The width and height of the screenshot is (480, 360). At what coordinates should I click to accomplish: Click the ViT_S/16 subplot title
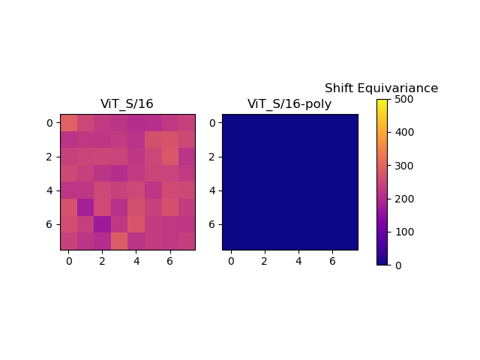pyautogui.click(x=127, y=104)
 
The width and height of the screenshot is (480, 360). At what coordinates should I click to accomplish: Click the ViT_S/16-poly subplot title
pyautogui.click(x=289, y=104)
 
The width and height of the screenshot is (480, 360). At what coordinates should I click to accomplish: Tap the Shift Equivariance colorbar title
pyautogui.click(x=381, y=88)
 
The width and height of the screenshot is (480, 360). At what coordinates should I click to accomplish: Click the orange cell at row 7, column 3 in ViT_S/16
pyautogui.click(x=119, y=241)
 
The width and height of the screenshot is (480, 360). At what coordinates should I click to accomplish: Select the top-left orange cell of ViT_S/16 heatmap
pyautogui.click(x=68, y=122)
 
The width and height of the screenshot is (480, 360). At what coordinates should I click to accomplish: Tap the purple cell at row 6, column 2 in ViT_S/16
pyautogui.click(x=102, y=224)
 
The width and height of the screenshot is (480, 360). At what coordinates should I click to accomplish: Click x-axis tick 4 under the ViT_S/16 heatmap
pyautogui.click(x=136, y=261)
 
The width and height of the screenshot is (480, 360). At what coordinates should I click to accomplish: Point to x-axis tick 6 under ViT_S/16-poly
pyautogui.click(x=332, y=261)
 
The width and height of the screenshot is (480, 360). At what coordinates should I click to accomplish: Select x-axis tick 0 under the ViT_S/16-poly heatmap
pyautogui.click(x=230, y=261)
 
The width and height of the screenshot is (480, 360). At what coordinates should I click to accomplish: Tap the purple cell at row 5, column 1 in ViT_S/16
pyautogui.click(x=85, y=207)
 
